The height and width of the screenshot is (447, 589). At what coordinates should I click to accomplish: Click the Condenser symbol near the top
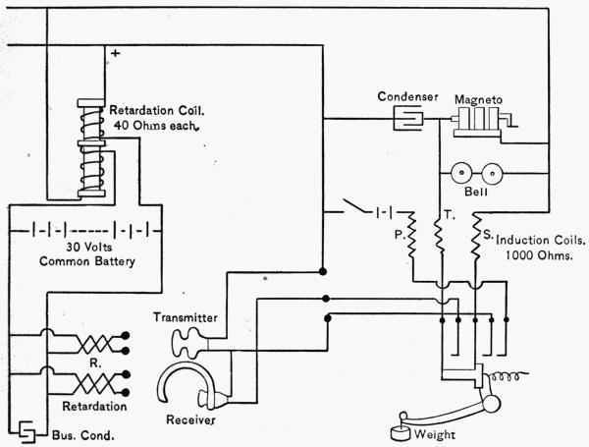click(x=405, y=120)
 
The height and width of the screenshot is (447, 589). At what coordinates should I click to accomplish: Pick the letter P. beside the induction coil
click(x=399, y=236)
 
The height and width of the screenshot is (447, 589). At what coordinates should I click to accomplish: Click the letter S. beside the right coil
click(x=489, y=236)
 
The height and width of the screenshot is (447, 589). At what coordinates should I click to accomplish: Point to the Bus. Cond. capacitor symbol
click(x=26, y=431)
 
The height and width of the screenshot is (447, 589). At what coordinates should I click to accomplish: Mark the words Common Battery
click(x=84, y=262)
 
